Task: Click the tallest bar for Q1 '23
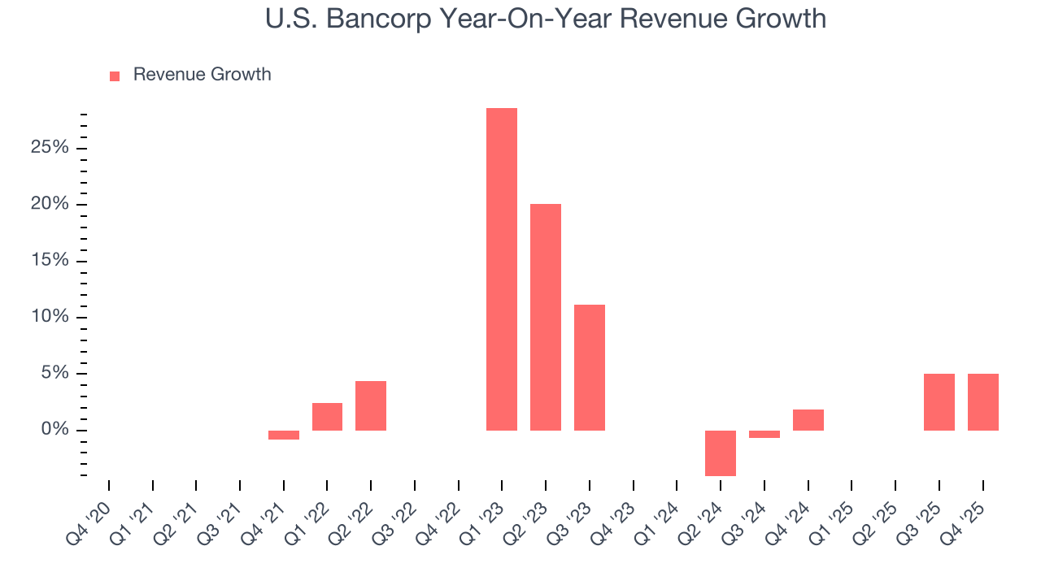point(502,269)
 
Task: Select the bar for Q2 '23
point(546,317)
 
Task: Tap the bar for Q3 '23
point(590,367)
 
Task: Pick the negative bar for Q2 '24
point(721,453)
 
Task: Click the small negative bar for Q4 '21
point(284,435)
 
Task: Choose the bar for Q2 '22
point(371,405)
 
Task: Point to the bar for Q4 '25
point(983,402)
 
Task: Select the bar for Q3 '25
point(939,402)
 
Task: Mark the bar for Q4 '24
point(808,420)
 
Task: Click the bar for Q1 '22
point(327,417)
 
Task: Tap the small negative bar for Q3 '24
point(764,434)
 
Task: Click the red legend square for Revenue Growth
point(115,76)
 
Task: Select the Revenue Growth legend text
point(202,75)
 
